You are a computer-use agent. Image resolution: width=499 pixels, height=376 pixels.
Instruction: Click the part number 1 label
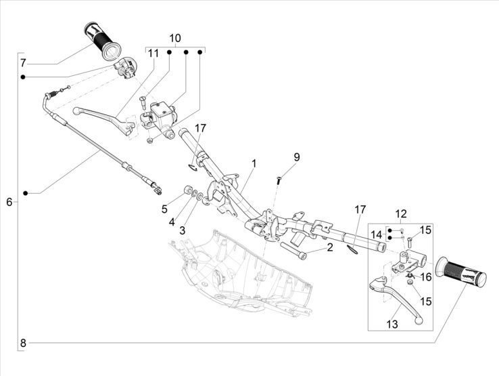[x=254, y=163]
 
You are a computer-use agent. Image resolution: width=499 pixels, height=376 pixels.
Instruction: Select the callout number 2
[x=329, y=248]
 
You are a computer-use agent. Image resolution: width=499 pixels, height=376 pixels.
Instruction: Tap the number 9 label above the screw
[x=296, y=157]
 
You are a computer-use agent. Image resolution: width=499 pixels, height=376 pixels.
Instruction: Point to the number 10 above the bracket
[x=175, y=38]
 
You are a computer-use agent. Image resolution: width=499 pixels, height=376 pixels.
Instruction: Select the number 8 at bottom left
[x=23, y=343]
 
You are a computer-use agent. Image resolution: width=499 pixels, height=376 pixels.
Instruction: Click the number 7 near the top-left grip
[x=23, y=63]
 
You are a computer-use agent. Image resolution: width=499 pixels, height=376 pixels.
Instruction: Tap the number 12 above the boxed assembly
[x=401, y=215]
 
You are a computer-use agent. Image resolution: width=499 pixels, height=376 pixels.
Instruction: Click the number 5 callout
[x=164, y=209]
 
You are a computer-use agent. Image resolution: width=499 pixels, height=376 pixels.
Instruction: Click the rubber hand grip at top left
[x=101, y=41]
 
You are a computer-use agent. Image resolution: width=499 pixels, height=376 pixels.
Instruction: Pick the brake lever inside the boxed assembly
[x=398, y=296]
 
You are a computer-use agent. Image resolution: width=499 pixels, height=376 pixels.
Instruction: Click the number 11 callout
[x=153, y=53]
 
